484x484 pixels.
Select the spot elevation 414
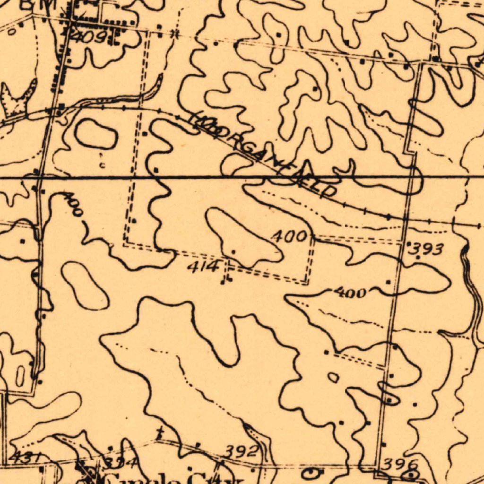click(x=203, y=267)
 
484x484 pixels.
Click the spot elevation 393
click(x=427, y=249)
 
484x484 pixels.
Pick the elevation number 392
click(x=241, y=451)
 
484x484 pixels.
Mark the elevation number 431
click(x=26, y=457)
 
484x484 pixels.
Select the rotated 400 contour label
click(x=73, y=204)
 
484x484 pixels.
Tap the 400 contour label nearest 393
click(x=350, y=293)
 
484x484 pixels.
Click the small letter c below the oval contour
click(x=103, y=164)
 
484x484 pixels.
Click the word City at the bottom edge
click(x=208, y=478)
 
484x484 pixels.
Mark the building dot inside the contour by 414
click(x=233, y=251)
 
